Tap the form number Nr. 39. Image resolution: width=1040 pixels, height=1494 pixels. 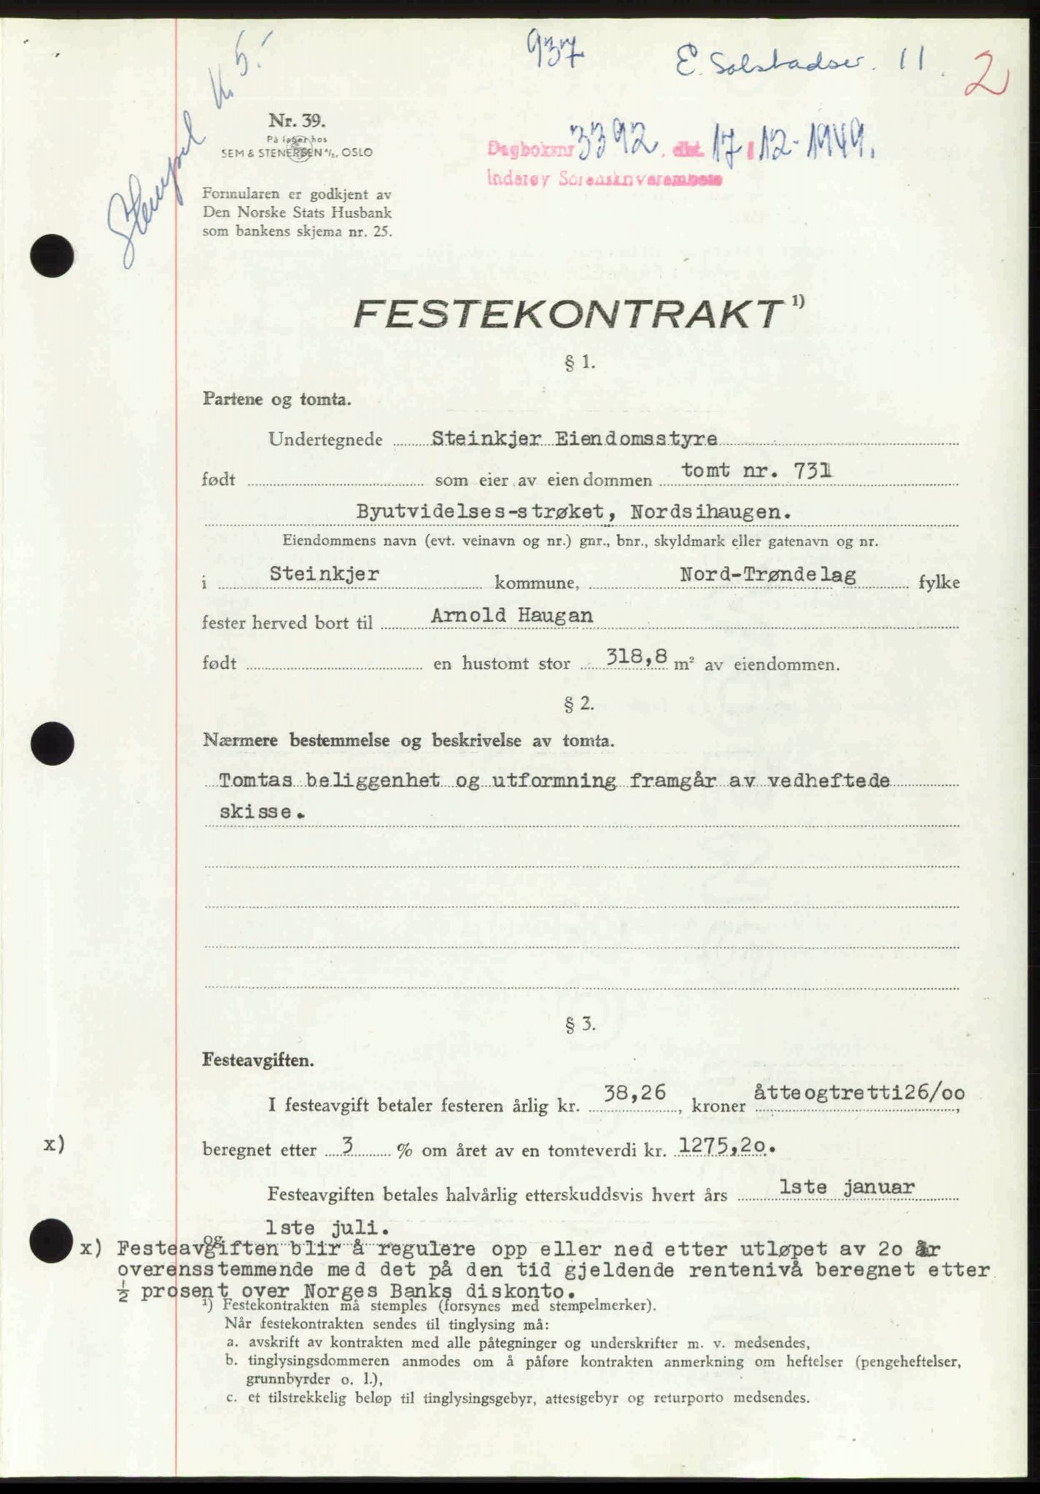[287, 120]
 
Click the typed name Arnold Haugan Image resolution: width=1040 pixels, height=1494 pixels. [511, 616]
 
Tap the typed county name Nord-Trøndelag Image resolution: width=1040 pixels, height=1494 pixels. [768, 575]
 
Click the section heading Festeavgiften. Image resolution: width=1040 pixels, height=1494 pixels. [259, 1060]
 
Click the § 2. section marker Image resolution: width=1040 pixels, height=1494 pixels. [580, 704]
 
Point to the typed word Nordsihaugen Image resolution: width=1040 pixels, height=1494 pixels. [711, 512]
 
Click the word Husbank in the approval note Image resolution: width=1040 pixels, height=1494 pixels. [362, 213]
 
